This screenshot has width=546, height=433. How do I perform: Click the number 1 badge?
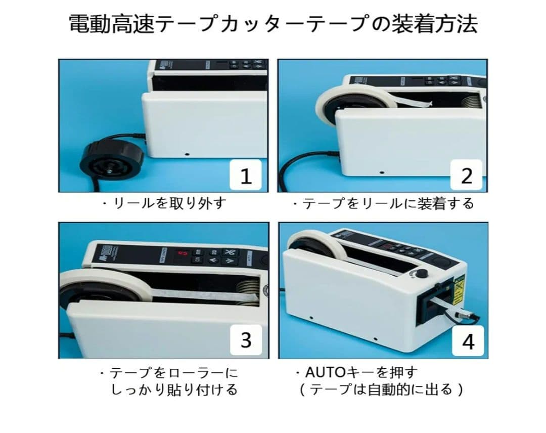[246, 175]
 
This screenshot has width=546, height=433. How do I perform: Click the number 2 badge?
[467, 175]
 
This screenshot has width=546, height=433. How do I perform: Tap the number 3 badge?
[246, 340]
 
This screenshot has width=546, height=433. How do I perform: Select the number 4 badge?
[468, 341]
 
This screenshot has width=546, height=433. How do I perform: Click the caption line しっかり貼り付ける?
[174, 390]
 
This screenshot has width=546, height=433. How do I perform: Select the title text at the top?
[273, 24]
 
